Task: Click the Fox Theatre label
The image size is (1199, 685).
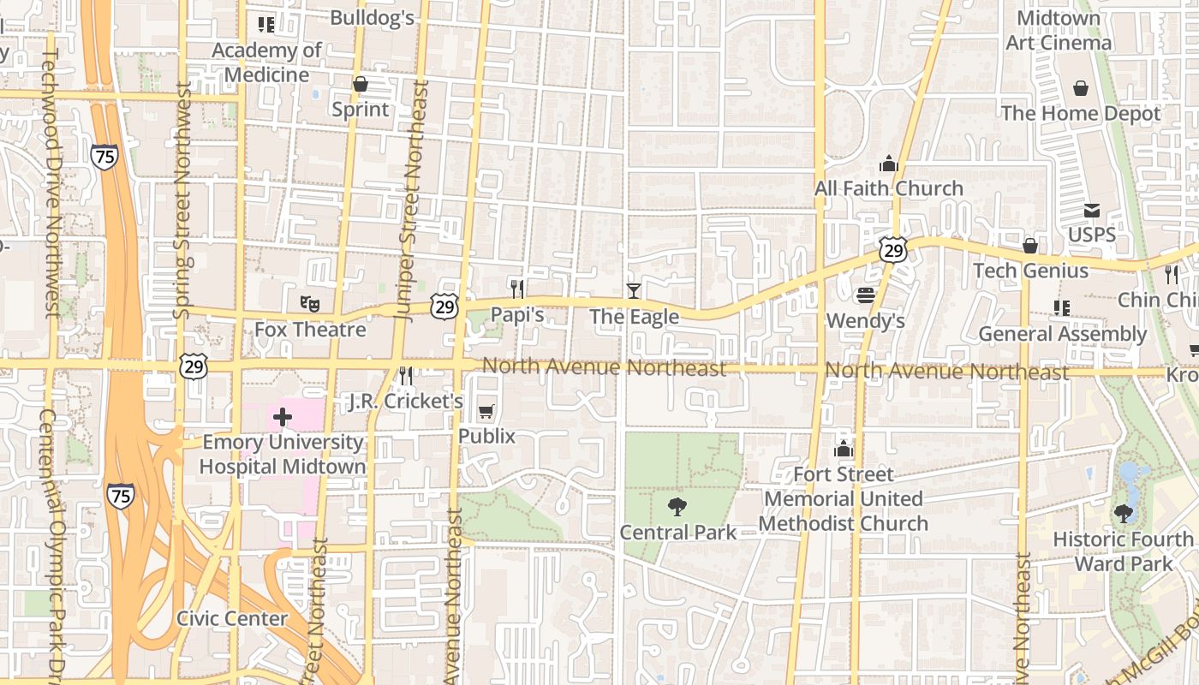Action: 310,330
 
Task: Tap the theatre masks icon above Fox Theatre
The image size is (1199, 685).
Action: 309,302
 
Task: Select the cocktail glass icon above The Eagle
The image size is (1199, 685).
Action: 633,290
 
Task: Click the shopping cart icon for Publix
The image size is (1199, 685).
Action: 486,411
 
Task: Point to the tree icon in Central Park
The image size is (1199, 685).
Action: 677,506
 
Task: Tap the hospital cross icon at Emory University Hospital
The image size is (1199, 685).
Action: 282,418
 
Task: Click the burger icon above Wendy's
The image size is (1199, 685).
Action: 865,295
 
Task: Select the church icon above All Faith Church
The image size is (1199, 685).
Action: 888,163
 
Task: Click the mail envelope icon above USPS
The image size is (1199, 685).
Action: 1092,210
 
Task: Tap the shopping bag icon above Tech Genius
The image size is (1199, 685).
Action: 1030,246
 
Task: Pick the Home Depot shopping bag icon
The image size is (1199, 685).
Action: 1081,88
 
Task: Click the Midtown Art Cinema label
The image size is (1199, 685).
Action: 1059,30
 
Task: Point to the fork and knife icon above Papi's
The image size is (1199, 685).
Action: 516,289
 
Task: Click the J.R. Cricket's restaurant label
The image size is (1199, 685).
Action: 406,401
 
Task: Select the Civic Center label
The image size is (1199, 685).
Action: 232,618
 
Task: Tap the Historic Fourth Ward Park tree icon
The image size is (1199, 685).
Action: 1124,514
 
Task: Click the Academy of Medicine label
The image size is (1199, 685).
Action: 266,62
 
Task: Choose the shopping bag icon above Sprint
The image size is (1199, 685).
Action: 361,84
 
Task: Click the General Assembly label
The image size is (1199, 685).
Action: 1062,334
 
